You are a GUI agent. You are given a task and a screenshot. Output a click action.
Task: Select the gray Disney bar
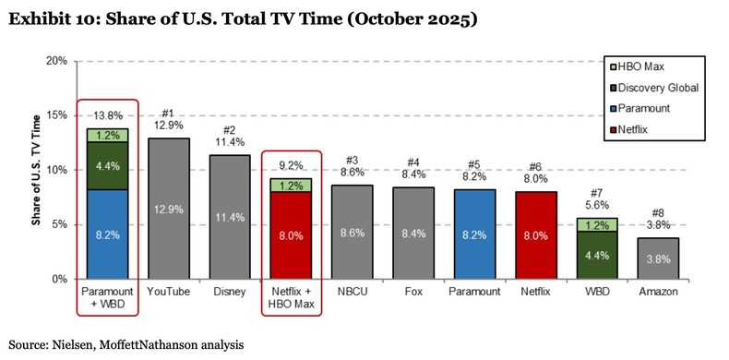click(x=232, y=216)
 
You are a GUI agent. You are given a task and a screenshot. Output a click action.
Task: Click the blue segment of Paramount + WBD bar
click(x=107, y=234)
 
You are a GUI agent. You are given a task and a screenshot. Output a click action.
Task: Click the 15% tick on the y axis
click(x=56, y=115)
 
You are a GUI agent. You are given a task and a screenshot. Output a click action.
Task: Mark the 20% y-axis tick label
click(x=56, y=61)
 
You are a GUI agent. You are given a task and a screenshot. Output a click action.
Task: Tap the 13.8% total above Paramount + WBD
click(x=107, y=116)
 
